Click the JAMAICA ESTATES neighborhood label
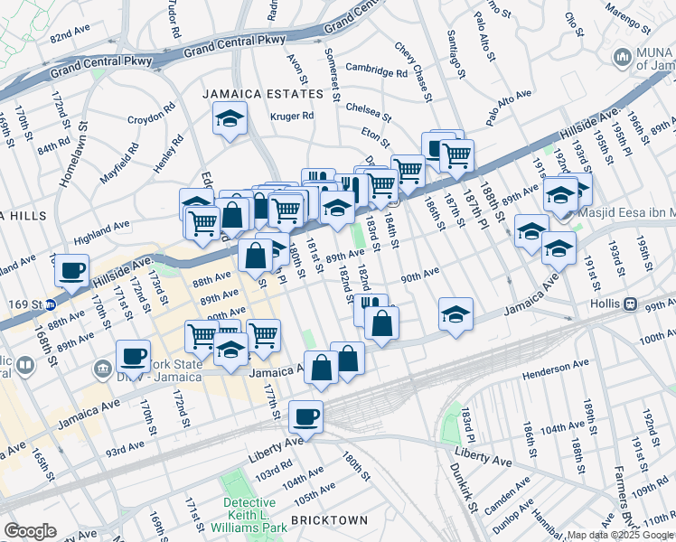click(262, 94)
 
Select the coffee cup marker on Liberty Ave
click(305, 417)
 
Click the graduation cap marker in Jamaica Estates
click(230, 118)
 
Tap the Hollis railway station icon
click(632, 304)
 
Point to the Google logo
click(29, 531)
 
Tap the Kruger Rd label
click(292, 116)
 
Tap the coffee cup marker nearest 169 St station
click(71, 269)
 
